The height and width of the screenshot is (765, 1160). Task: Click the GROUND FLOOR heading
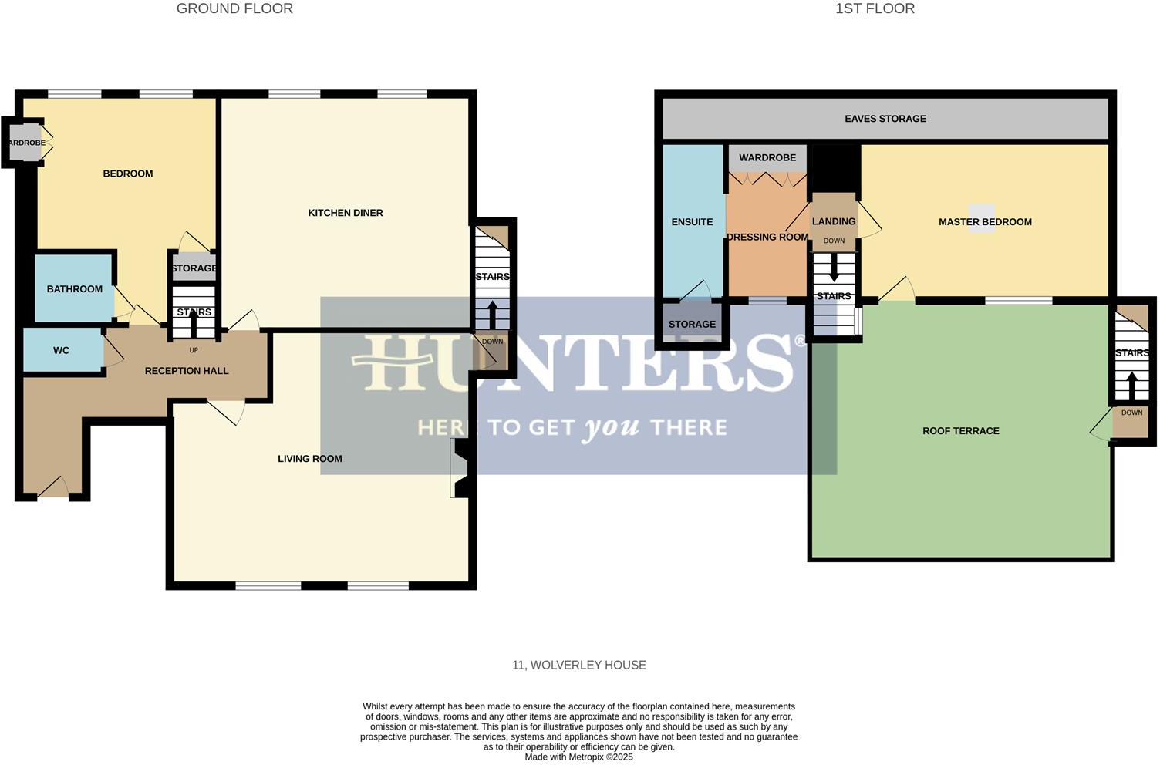[x=234, y=9]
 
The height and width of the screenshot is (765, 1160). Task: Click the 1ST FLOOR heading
[x=875, y=9]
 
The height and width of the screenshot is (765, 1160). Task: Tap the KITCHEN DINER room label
[x=345, y=213]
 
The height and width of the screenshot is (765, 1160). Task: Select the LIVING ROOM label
[x=309, y=459]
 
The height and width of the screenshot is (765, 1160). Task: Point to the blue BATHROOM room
[x=74, y=289]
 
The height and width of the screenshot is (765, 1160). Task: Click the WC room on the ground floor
[x=62, y=351]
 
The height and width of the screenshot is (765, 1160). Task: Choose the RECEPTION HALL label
[x=187, y=371]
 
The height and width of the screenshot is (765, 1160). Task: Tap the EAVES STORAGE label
[x=885, y=119]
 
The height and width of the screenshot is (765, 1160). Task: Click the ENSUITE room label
[x=692, y=222]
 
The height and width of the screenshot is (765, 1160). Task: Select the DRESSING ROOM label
[x=767, y=238]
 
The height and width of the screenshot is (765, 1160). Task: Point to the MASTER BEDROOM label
[x=984, y=222]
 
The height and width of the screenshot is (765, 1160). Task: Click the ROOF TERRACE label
[x=960, y=431]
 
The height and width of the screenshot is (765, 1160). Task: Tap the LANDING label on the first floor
[x=833, y=221]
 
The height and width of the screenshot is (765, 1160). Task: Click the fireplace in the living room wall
[x=460, y=468]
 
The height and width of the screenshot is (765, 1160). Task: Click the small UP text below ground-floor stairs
[x=194, y=350]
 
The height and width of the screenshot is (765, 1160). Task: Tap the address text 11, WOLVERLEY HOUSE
[x=578, y=665]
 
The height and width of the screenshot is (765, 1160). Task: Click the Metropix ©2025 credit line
[x=578, y=757]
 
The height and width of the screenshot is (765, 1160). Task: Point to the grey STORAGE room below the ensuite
[x=692, y=325]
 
